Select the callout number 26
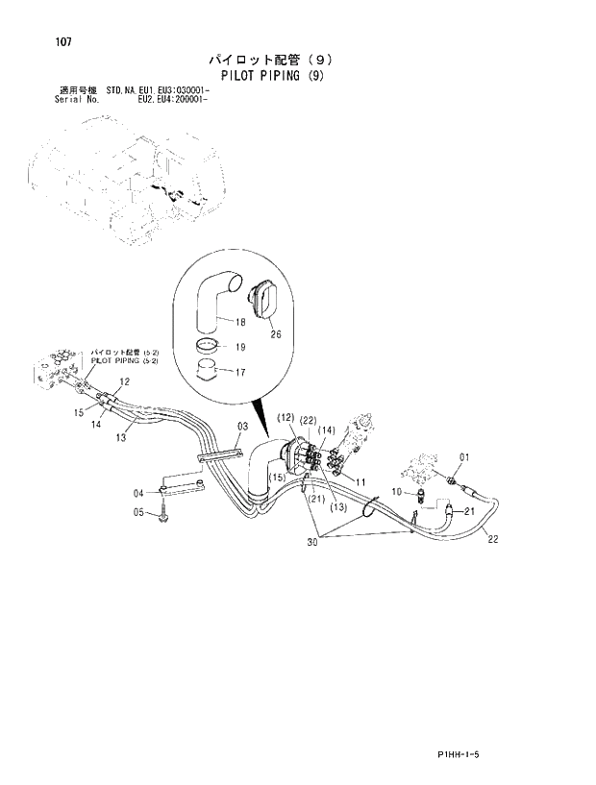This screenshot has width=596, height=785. click(x=276, y=334)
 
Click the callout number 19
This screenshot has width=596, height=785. click(x=240, y=348)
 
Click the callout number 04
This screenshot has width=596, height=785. click(x=138, y=493)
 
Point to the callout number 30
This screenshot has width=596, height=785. click(x=313, y=544)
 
